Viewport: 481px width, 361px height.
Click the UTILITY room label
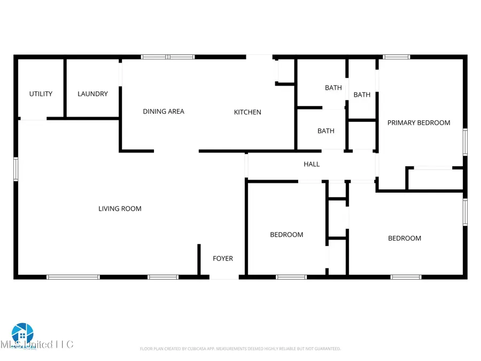(41, 94)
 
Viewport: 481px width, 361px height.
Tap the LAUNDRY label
(92, 94)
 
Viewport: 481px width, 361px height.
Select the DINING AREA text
(164, 112)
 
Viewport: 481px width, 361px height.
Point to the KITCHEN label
(247, 112)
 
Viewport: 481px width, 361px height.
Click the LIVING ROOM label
(120, 209)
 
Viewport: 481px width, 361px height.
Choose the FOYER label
(223, 259)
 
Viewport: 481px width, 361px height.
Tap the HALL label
(312, 164)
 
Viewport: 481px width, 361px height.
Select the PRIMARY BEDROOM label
(418, 123)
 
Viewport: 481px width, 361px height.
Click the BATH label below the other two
(326, 131)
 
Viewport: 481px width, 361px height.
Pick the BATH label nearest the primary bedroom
(362, 95)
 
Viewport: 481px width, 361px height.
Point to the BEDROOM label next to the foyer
(286, 235)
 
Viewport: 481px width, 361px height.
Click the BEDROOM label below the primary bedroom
(404, 239)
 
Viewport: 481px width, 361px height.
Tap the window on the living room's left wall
(16, 168)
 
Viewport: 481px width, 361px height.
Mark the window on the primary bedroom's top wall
(397, 57)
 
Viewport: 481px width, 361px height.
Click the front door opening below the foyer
(223, 276)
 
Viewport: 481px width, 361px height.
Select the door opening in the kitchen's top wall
(259, 57)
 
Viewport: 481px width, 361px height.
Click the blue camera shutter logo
(22, 334)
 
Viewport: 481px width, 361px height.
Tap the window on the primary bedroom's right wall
(465, 142)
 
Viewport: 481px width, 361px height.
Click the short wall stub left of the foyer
(199, 260)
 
